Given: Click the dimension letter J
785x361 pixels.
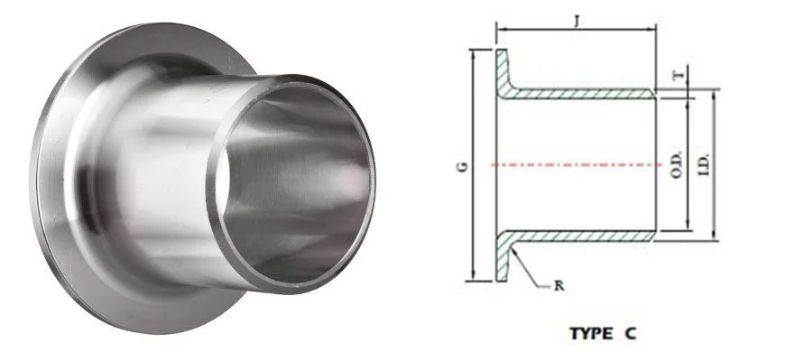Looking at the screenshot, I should pyautogui.click(x=576, y=17).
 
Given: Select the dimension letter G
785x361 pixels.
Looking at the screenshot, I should pyautogui.click(x=461, y=166).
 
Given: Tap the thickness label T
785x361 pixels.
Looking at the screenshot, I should pyautogui.click(x=678, y=77).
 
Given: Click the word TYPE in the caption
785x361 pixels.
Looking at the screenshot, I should pyautogui.click(x=590, y=333).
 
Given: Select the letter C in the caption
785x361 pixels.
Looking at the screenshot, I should pyautogui.click(x=629, y=333).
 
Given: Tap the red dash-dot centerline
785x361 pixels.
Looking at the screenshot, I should pyautogui.click(x=577, y=164).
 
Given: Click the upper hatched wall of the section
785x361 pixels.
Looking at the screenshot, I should pyautogui.click(x=586, y=93).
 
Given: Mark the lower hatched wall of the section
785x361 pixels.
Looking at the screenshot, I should pyautogui.click(x=586, y=236).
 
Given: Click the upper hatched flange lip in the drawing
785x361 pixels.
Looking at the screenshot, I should pyautogui.click(x=502, y=67).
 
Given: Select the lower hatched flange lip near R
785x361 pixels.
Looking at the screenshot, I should pyautogui.click(x=502, y=262).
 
